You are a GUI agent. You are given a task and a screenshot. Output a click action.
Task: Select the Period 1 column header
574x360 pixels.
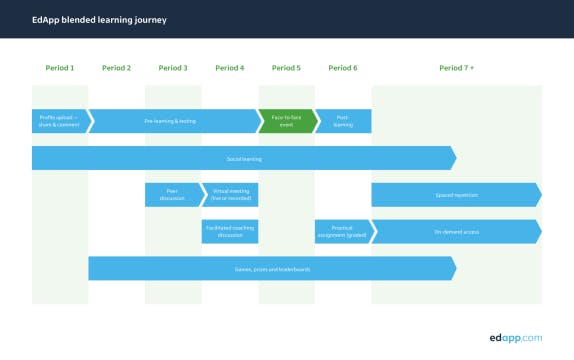(x=60, y=68)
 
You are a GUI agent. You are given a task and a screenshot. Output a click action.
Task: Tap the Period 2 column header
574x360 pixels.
(x=116, y=68)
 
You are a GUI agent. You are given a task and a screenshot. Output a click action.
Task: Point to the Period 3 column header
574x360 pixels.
(x=173, y=68)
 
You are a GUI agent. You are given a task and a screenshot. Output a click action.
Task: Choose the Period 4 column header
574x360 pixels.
(x=229, y=68)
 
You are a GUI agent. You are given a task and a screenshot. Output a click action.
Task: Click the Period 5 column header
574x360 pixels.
(x=286, y=68)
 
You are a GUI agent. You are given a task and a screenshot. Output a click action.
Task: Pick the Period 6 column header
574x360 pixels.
(x=343, y=68)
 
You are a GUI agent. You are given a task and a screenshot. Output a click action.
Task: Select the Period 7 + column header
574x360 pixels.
(x=456, y=68)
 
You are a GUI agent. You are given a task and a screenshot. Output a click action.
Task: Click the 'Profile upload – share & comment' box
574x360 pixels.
(x=59, y=121)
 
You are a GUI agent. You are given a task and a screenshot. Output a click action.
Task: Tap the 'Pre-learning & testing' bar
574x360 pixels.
(x=173, y=121)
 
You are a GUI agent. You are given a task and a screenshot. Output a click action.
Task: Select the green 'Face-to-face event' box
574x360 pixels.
(x=286, y=121)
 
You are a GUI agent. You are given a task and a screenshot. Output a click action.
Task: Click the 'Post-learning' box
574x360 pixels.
(x=343, y=121)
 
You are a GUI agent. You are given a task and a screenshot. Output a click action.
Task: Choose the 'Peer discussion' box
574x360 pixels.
(x=173, y=194)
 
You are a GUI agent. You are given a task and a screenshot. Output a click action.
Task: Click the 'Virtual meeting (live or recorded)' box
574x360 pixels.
(x=230, y=194)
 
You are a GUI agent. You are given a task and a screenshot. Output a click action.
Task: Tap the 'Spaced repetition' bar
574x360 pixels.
(x=456, y=194)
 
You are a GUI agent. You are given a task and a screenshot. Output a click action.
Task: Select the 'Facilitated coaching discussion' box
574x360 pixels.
(x=230, y=231)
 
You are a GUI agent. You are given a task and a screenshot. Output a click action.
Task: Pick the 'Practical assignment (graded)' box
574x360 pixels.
(x=343, y=231)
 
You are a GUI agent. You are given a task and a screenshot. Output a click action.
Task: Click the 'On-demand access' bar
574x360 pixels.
(x=456, y=231)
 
